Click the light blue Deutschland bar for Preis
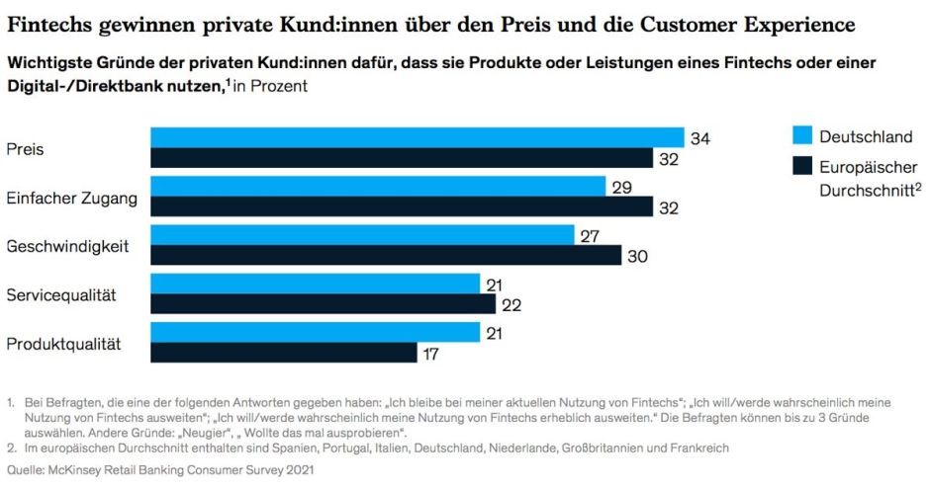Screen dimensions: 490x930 (x=417, y=137)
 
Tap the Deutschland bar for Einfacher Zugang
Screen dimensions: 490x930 (x=377, y=186)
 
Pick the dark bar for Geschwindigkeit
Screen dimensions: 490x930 (x=385, y=255)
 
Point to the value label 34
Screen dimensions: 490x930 (x=700, y=138)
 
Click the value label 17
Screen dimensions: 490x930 (x=432, y=353)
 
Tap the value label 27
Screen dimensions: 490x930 (x=590, y=235)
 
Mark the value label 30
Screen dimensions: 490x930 (x=637, y=255)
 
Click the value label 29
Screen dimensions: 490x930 (x=621, y=186)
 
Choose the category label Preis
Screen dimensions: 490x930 (x=25, y=149)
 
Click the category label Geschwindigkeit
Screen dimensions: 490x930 (x=68, y=246)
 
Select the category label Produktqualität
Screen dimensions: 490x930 (x=63, y=344)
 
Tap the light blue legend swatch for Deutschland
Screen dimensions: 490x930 (x=801, y=135)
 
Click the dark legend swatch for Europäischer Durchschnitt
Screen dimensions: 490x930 (x=801, y=167)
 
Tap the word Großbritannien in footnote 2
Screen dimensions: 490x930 (x=586, y=448)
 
